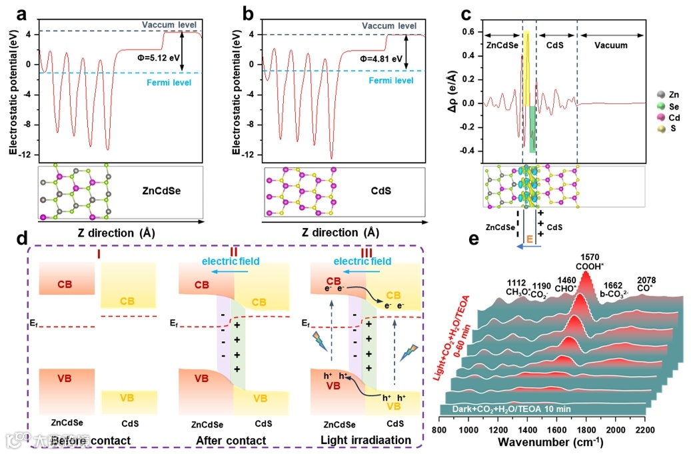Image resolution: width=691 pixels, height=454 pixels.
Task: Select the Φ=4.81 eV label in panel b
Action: click(x=381, y=59)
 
